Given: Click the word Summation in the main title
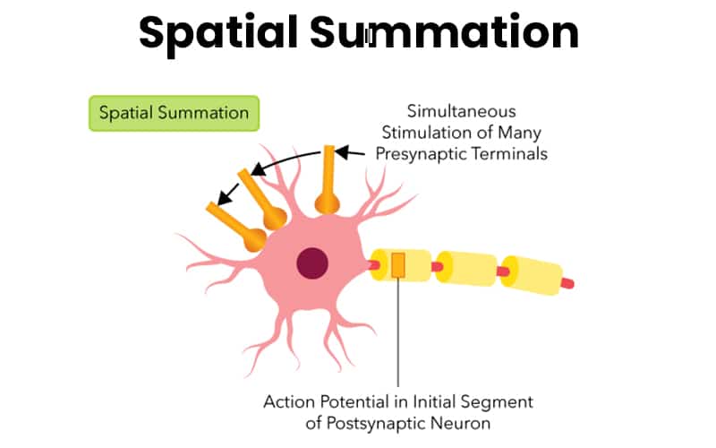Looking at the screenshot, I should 445,33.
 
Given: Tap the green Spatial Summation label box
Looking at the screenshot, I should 174,114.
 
